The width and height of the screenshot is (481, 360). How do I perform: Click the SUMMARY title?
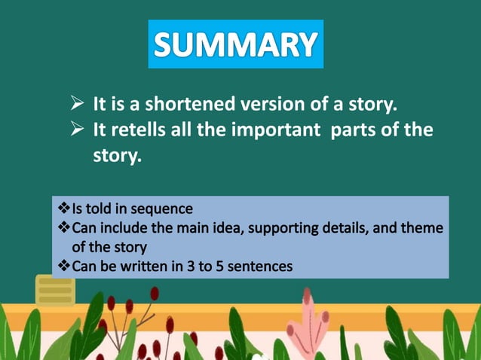coord(235,44)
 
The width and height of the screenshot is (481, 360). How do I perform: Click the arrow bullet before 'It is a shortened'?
coord(76,104)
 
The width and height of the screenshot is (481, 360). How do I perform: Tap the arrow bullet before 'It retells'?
coord(76,130)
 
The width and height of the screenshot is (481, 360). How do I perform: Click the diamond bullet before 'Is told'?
coord(63,208)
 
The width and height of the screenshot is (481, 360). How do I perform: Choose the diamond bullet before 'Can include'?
coord(63,227)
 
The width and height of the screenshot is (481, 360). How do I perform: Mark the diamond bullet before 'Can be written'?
coord(63,265)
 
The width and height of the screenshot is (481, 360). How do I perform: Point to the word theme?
coord(424,227)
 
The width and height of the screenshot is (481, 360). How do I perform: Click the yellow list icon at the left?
coord(55,290)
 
